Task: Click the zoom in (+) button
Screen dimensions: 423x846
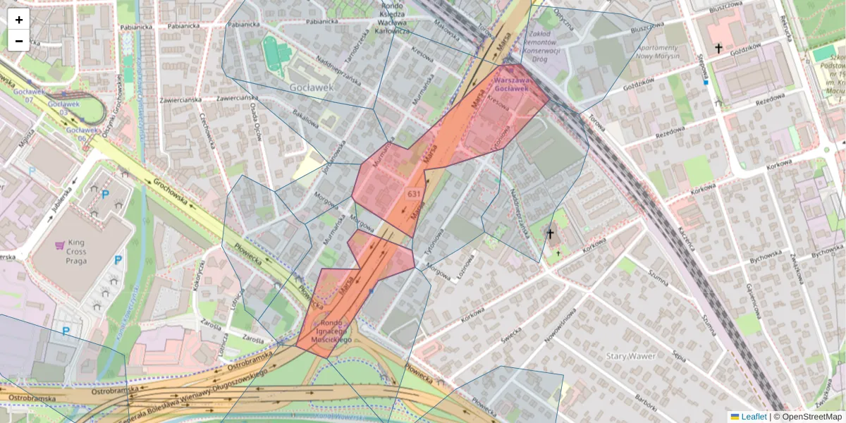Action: pyautogui.click(x=19, y=20)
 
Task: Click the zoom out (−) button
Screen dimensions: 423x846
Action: pyautogui.click(x=19, y=41)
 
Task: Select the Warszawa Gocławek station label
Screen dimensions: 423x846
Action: pyautogui.click(x=511, y=85)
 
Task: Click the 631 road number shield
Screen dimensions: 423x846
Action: pyautogui.click(x=414, y=192)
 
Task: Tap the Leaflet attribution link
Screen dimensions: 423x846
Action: pyautogui.click(x=752, y=417)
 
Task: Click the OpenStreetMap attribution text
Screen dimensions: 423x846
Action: pyautogui.click(x=808, y=417)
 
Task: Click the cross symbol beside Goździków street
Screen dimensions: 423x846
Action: pyautogui.click(x=718, y=48)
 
